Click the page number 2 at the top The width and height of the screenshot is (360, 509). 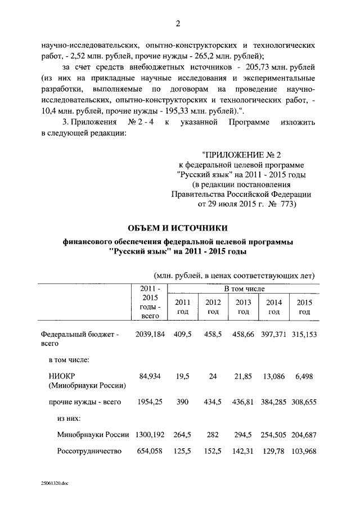178,23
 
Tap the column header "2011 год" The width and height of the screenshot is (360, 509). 183,307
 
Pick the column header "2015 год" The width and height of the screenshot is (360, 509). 304,307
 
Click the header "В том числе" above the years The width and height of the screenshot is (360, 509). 243,289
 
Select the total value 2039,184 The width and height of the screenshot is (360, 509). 150,334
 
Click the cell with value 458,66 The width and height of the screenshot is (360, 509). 244,334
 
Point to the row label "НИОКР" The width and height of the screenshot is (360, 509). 61,376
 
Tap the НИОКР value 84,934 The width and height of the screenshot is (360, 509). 150,376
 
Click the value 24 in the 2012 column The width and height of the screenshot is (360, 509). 213,376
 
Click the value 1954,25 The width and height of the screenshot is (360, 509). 150,402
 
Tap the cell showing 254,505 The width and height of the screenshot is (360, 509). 274,435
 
